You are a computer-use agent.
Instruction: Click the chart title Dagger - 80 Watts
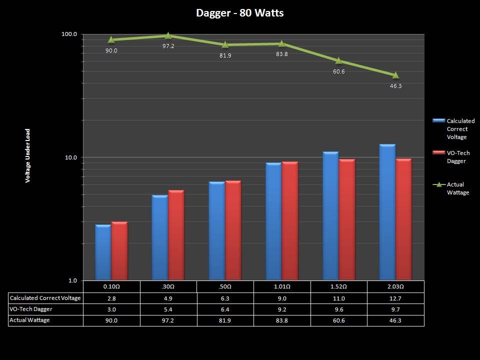pyautogui.click(x=240, y=13)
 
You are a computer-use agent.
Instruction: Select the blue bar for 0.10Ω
pyautogui.click(x=103, y=252)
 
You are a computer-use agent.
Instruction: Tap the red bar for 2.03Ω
pyautogui.click(x=403, y=219)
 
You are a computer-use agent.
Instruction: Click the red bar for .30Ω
pyautogui.click(x=176, y=235)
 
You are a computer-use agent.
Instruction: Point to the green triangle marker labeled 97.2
pyautogui.click(x=168, y=35)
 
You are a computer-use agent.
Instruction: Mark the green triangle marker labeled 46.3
pyautogui.click(x=395, y=75)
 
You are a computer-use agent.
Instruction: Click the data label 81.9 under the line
pyautogui.click(x=225, y=55)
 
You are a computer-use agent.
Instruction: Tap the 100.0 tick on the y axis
pyautogui.click(x=69, y=34)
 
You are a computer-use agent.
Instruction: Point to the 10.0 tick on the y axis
pyautogui.click(x=70, y=157)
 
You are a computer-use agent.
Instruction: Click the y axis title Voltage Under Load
pyautogui.click(x=28, y=155)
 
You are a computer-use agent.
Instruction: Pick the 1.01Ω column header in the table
pyautogui.click(x=282, y=287)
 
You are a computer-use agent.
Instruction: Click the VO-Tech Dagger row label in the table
pyautogui.click(x=31, y=309)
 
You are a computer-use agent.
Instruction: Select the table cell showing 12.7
pyautogui.click(x=395, y=298)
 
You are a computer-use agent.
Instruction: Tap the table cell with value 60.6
pyautogui.click(x=338, y=320)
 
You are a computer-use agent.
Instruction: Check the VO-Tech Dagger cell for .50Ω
pyautogui.click(x=225, y=309)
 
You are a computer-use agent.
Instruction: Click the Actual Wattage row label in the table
pyautogui.click(x=30, y=320)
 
